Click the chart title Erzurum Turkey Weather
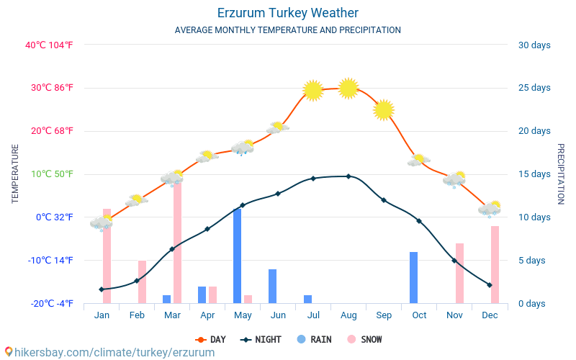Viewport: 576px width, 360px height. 287,13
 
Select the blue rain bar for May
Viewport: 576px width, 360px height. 237,256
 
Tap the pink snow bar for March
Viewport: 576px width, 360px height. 177,241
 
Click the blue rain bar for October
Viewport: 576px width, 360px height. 413,277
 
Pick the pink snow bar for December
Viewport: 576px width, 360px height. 495,264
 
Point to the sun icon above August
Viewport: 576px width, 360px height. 348,88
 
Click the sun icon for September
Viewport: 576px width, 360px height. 384,109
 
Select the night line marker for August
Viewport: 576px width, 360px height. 348,176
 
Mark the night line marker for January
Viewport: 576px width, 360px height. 102,289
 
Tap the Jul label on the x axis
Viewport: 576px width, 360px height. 313,315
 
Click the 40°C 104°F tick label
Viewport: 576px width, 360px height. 49,45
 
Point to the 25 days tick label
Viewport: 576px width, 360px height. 534,88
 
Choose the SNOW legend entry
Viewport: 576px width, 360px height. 364,339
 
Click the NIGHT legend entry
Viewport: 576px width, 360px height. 262,339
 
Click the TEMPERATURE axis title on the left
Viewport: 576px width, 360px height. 15,174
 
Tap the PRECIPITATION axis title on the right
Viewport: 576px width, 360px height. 561,174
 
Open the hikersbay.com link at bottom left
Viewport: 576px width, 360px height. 109,352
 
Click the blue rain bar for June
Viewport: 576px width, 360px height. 272,286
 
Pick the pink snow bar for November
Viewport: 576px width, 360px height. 459,273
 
